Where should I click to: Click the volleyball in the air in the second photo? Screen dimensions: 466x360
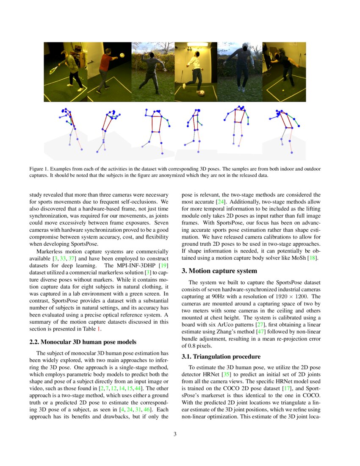pos(122,55)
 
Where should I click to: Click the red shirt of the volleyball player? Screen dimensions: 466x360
pos(105,61)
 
